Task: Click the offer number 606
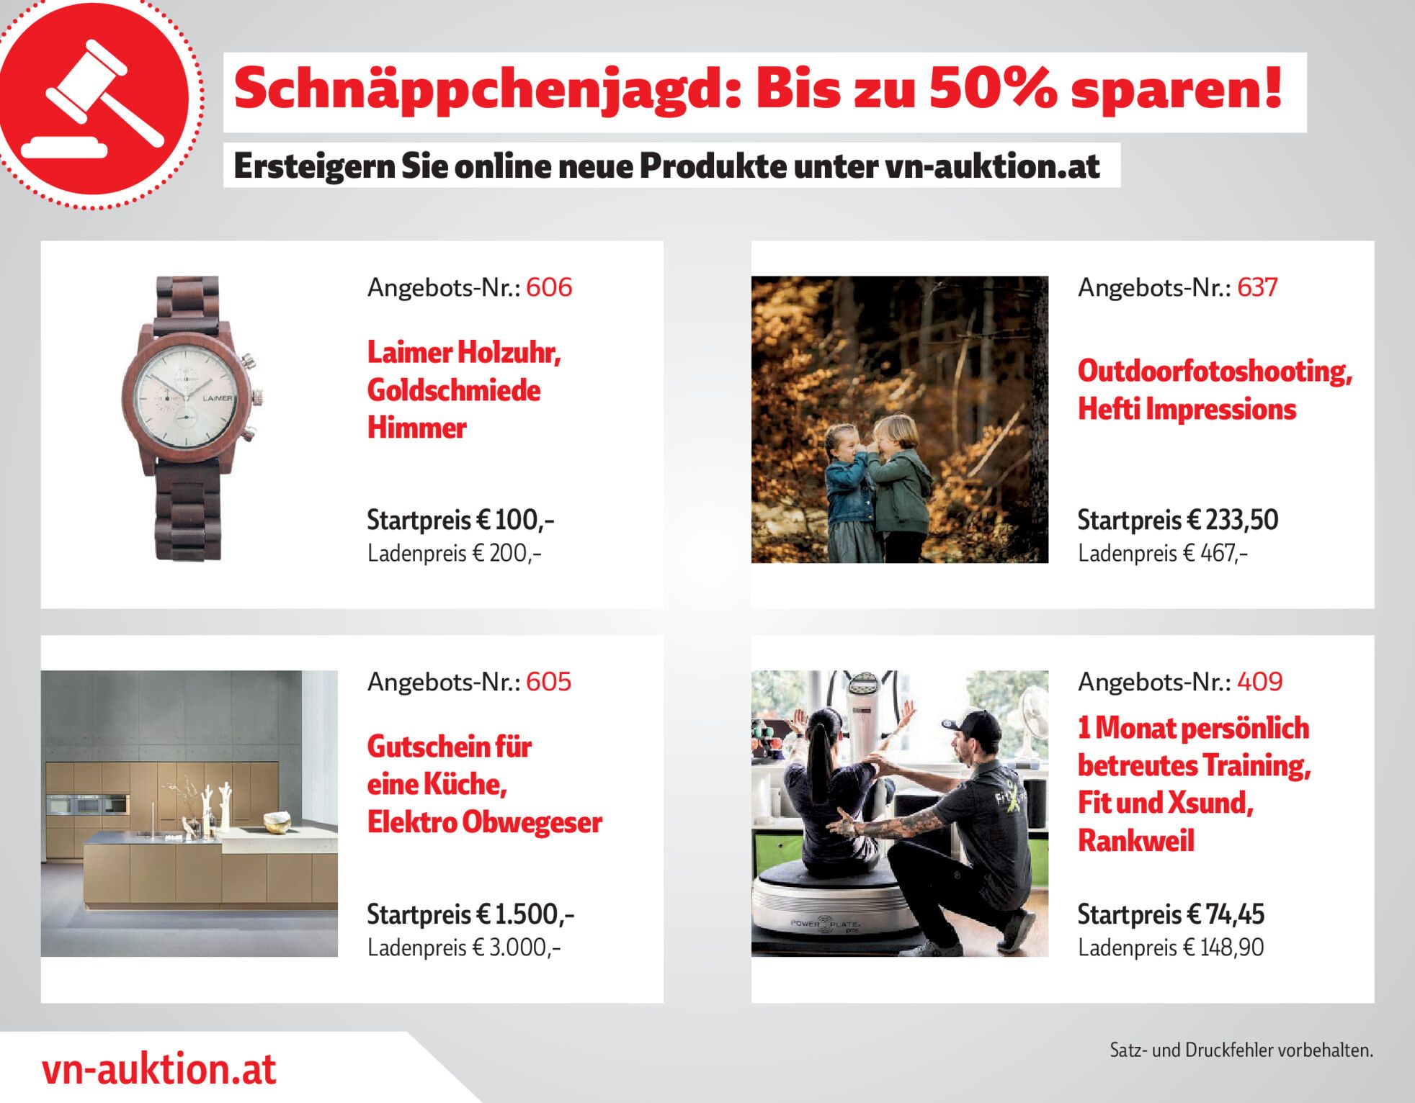549,287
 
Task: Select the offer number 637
1257,287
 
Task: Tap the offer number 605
548,682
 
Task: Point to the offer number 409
1259,682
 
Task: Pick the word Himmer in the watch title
416,428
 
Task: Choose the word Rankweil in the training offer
1136,840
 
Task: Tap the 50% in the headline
993,88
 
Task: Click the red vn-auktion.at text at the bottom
159,1068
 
